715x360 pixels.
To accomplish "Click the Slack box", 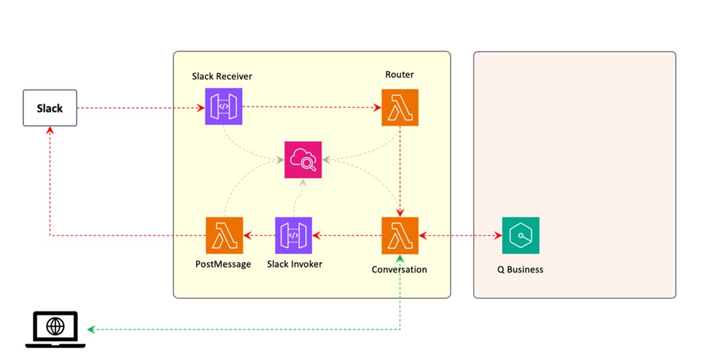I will (x=49, y=108).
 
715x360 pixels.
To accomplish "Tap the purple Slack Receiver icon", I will (x=223, y=107).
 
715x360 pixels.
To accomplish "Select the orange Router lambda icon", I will (x=400, y=107).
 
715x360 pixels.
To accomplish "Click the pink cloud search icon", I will (x=303, y=159).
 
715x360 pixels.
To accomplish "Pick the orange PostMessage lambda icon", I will (x=224, y=235).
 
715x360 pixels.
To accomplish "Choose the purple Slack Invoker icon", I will (x=293, y=235).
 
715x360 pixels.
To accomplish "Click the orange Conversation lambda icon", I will (x=400, y=235).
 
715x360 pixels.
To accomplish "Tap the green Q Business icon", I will (x=520, y=235).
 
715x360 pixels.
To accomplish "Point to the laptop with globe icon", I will (x=55, y=329).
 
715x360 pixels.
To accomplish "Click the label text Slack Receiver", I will (x=222, y=77).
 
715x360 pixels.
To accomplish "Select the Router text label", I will (x=400, y=75).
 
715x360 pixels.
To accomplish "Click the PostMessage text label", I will (x=223, y=264).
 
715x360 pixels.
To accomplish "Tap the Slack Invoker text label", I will (x=294, y=264).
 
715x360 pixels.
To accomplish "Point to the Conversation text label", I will (x=400, y=270).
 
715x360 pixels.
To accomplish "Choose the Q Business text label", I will (x=520, y=270).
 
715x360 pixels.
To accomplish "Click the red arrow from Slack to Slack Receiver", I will (x=140, y=107).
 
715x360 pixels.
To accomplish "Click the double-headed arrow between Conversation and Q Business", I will (x=460, y=235).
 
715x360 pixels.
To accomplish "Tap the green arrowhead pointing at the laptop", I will (x=91, y=329).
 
